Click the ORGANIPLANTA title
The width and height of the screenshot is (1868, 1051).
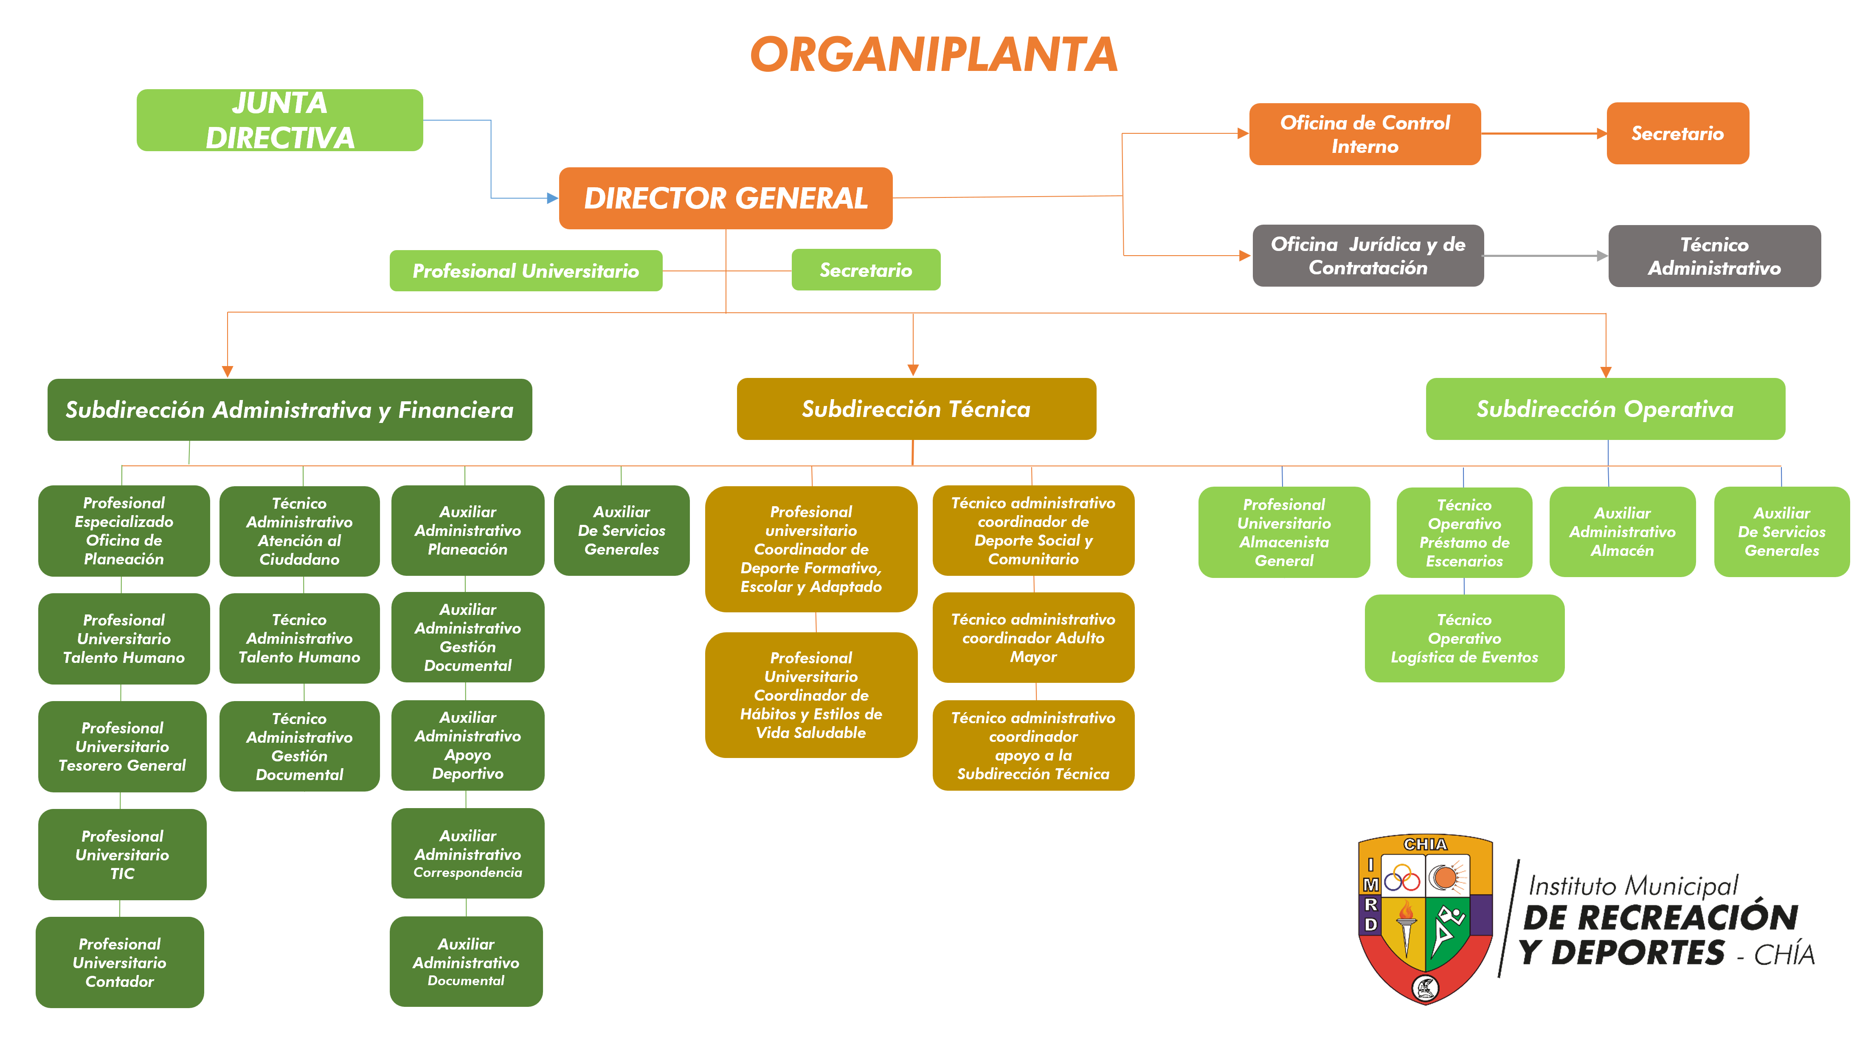[x=934, y=54]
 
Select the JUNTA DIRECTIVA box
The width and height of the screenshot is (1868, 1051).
[x=280, y=121]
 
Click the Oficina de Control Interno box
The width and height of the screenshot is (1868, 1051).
[x=1365, y=134]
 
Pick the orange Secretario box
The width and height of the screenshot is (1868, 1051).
[x=1677, y=133]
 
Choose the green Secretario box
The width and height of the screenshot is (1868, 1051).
[x=866, y=270]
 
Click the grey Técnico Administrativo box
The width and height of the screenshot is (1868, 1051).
[x=1714, y=256]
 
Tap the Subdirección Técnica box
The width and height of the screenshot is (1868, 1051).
[x=916, y=409]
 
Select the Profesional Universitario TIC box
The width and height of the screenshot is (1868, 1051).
[x=122, y=854]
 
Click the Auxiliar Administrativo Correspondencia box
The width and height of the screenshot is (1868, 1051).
[x=468, y=853]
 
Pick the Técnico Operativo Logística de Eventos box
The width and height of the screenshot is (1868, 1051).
[x=1464, y=638]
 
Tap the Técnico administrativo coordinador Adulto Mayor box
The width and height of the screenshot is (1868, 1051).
[x=1033, y=637]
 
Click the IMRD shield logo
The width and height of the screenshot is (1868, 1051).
[x=1425, y=918]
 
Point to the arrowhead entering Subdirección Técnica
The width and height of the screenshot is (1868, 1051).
[x=913, y=370]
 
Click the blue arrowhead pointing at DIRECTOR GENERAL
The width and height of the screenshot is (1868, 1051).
[x=553, y=198]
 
